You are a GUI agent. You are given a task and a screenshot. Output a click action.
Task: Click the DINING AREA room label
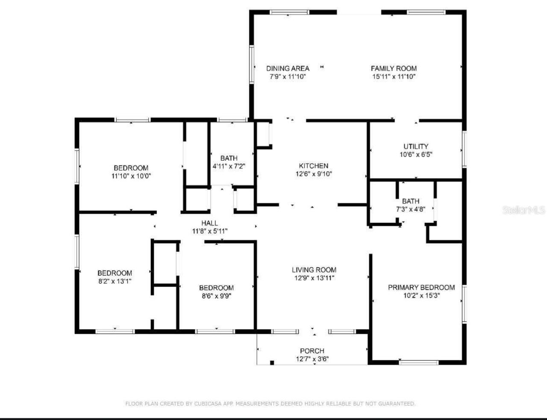288,68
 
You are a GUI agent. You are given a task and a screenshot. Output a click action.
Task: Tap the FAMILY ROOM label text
394,68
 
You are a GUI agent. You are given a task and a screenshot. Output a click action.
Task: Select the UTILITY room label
416,146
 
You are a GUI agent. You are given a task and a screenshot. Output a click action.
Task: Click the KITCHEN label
313,166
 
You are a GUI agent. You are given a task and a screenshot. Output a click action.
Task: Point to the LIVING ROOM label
314,270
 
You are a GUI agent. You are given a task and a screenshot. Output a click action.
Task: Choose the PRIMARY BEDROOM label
421,287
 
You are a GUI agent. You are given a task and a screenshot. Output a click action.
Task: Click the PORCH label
312,351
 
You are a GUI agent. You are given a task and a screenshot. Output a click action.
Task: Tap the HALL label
209,223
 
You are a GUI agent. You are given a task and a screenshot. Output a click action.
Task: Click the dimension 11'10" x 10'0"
131,176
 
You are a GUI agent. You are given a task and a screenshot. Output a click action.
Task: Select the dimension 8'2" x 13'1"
115,281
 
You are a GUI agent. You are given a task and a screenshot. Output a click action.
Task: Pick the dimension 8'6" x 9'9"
216,296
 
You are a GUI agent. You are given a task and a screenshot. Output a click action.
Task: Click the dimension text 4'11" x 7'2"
229,166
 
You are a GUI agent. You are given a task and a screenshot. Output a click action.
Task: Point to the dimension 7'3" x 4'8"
410,209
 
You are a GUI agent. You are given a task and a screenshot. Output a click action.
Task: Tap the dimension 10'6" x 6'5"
416,154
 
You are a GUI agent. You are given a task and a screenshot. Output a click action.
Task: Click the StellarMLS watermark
523,210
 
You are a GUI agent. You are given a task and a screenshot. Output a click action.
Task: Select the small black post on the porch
272,363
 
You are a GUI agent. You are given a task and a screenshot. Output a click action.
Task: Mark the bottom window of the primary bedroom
418,363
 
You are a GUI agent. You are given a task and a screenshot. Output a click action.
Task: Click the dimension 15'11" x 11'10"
394,77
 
